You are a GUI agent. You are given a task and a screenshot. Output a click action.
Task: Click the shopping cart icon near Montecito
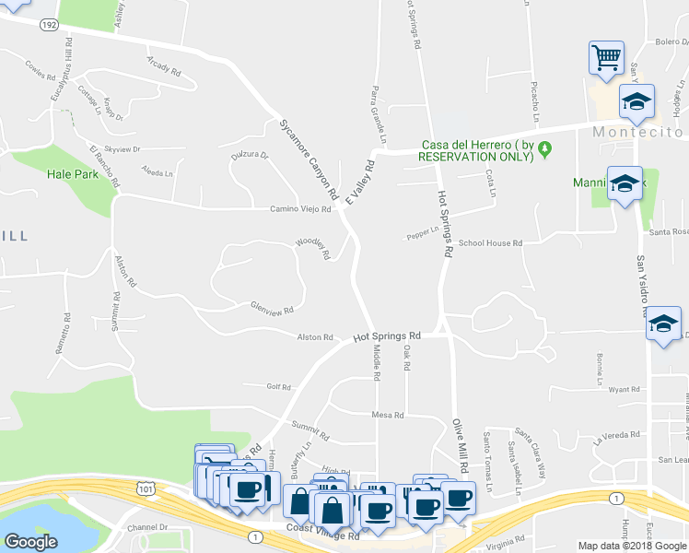point(607,57)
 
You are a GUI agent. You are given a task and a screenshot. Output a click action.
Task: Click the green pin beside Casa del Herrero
point(545,146)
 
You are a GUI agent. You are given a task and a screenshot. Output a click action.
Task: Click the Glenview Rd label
point(272,309)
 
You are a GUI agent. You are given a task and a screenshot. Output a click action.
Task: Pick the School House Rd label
point(490,243)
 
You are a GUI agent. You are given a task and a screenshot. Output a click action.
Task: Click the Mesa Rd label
point(388,415)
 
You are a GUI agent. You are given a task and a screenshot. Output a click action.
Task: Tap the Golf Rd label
point(278,387)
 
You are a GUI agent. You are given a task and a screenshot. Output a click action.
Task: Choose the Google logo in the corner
point(30,541)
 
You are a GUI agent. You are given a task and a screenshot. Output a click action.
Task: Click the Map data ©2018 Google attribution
point(631,546)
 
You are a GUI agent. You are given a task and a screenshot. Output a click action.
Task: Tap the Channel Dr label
point(148,527)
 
